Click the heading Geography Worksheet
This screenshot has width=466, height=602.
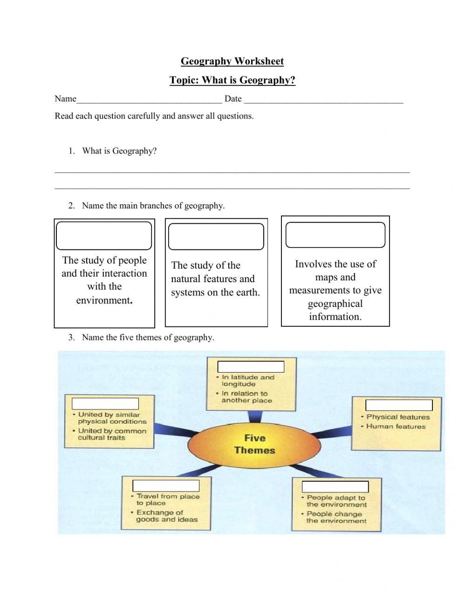tap(232, 61)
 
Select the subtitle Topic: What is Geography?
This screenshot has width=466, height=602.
tap(232, 80)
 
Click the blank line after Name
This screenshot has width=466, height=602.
tap(149, 99)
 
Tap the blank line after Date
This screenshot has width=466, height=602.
tap(323, 99)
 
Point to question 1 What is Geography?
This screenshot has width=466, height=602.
tap(119, 151)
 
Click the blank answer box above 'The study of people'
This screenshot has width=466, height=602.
tap(104, 236)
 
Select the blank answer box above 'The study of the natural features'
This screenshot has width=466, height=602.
tap(216, 236)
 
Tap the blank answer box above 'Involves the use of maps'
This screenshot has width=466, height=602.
tap(335, 235)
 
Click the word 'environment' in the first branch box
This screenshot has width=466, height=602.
tap(103, 300)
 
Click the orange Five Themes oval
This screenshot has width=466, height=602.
tap(254, 444)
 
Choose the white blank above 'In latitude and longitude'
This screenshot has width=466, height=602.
tap(251, 367)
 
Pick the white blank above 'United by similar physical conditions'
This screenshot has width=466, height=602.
tap(105, 403)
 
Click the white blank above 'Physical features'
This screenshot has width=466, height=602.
tap(399, 405)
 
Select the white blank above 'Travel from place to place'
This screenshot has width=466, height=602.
tap(166, 485)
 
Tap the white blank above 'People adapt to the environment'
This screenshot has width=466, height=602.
tap(335, 487)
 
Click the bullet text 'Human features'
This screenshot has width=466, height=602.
tap(396, 426)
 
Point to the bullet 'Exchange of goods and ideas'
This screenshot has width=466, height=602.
tap(166, 516)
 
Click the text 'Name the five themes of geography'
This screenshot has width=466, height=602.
tap(148, 338)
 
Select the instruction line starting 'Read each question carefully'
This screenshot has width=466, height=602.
tap(154, 116)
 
